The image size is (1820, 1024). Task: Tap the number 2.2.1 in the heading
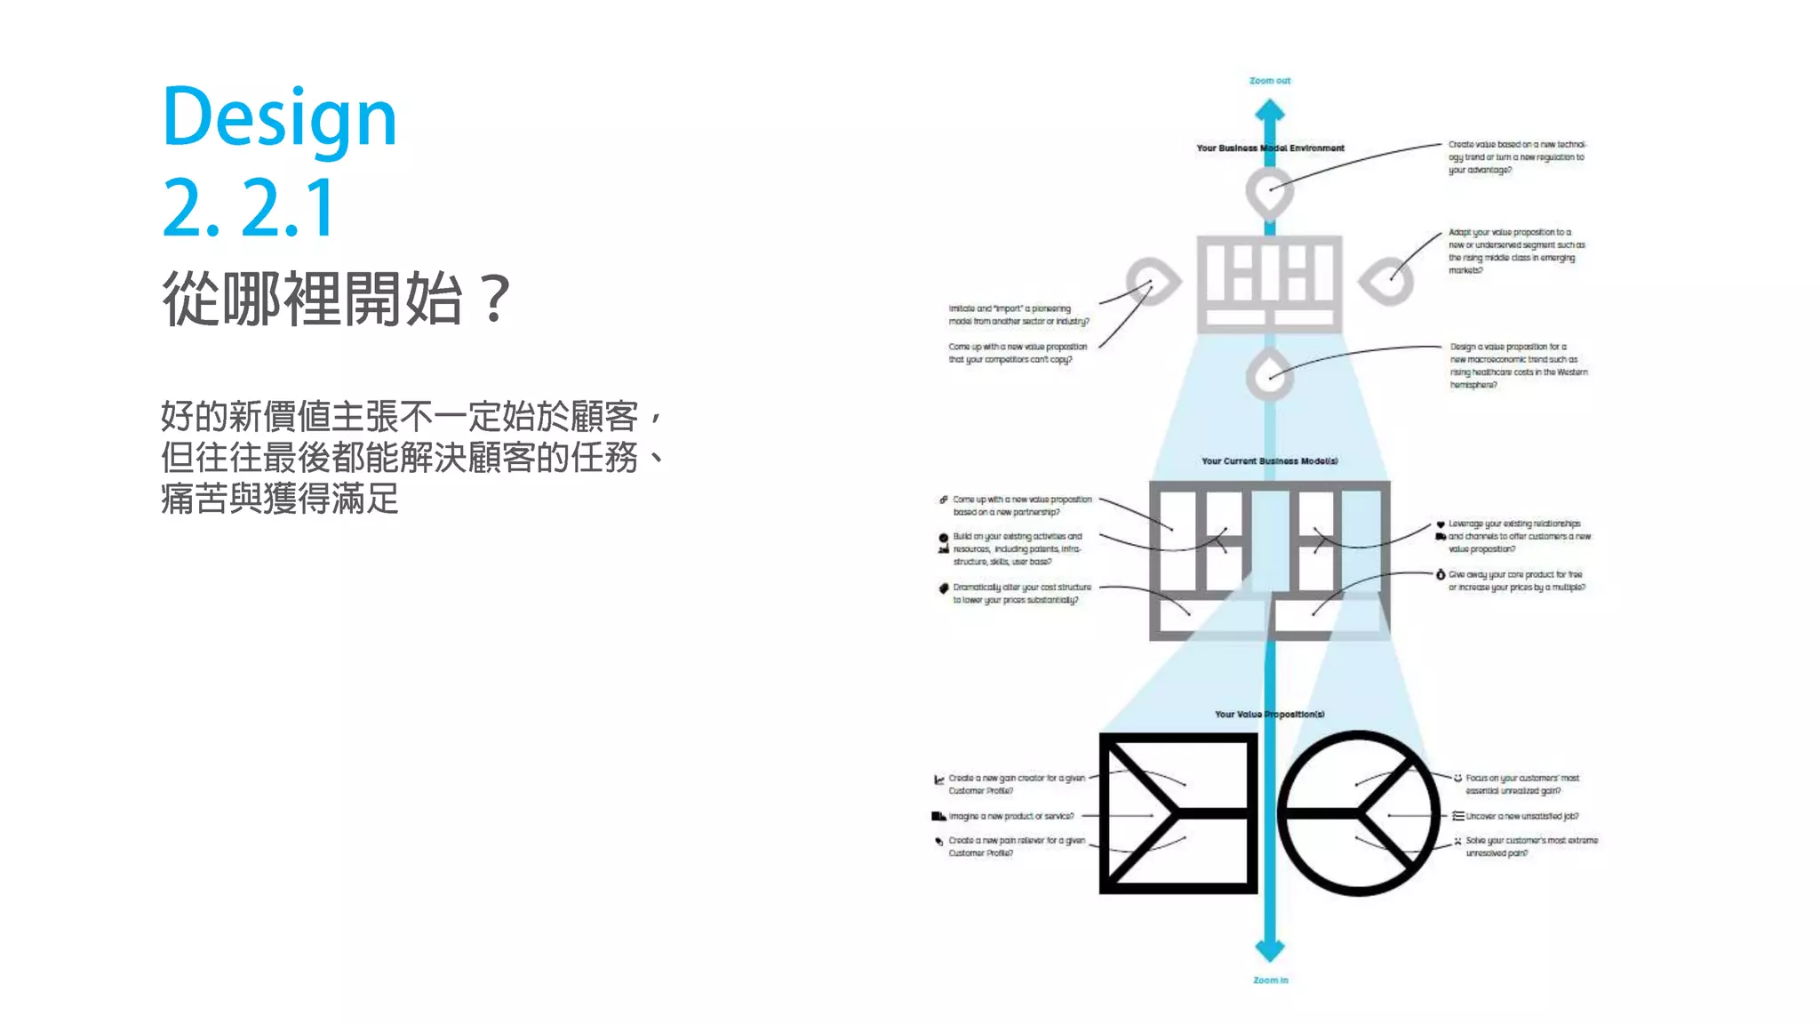[x=249, y=208]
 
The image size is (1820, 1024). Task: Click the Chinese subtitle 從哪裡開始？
[x=336, y=299]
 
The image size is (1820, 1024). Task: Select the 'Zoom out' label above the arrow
[x=1270, y=81]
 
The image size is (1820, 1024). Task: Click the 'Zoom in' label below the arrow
[x=1270, y=980]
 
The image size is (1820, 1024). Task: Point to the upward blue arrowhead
[x=1270, y=111]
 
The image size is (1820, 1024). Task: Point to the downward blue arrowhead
[x=1270, y=949]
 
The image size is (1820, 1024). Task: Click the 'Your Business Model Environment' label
[x=1270, y=148]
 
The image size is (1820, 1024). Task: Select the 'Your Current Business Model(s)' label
[x=1269, y=461]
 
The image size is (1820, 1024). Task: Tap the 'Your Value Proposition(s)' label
[x=1269, y=715]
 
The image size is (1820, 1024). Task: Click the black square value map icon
[x=1178, y=813]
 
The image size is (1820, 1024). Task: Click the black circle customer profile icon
[x=1359, y=813]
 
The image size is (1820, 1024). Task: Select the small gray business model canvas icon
[x=1269, y=284]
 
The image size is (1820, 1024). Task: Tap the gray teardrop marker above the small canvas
[x=1269, y=190]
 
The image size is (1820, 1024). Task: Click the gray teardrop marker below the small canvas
[x=1269, y=375]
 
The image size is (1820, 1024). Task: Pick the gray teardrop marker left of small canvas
[x=1153, y=282]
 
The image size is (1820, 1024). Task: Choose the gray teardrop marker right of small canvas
[x=1387, y=282]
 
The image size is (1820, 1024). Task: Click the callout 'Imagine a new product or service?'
[x=1010, y=816]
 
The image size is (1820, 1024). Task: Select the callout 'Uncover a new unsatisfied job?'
[x=1521, y=816]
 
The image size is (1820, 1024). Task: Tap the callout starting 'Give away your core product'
[x=1516, y=580]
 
